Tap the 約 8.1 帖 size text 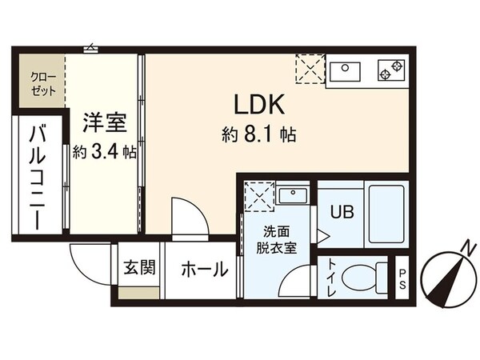pos(259,135)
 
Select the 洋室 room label pos(104,124)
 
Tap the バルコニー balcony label pos(38,178)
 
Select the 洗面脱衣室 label pos(276,240)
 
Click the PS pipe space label pos(402,277)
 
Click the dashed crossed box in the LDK pos(309,69)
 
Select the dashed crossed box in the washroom pos(258,197)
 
